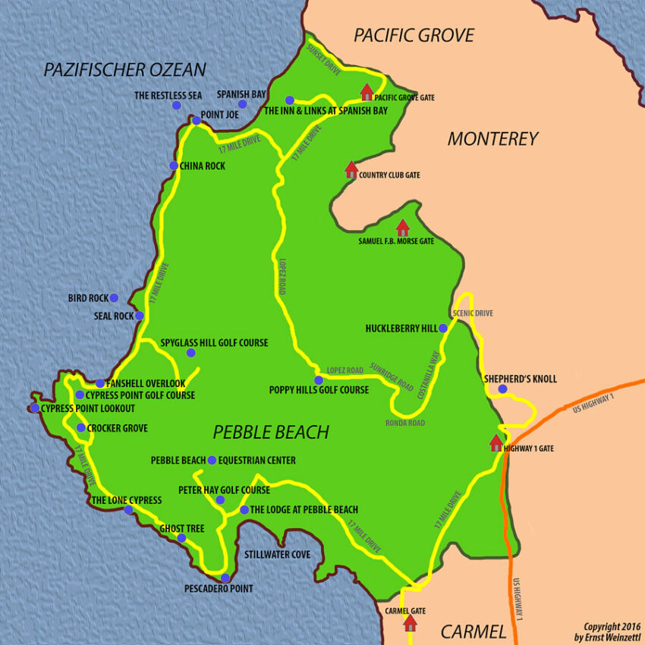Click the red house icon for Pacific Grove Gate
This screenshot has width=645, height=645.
[x=367, y=93]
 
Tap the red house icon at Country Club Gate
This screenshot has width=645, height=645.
[x=351, y=170]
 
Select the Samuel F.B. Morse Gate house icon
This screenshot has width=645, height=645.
[x=402, y=227]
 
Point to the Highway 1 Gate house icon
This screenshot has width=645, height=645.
[x=496, y=443]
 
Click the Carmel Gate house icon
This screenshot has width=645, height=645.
[x=410, y=623]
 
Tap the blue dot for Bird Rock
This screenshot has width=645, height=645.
[x=114, y=297]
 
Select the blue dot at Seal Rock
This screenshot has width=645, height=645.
[x=140, y=316]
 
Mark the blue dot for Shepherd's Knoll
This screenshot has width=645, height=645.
[x=502, y=389]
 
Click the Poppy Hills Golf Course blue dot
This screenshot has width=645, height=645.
[x=319, y=380]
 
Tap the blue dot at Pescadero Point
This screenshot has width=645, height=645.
[x=225, y=577]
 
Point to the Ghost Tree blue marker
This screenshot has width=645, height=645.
[x=181, y=538]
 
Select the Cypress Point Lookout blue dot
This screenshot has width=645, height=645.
[x=35, y=408]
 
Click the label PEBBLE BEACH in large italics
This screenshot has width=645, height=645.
[x=271, y=433]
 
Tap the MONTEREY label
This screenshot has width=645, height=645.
[x=492, y=139]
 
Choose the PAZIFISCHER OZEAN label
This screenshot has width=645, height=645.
[x=124, y=70]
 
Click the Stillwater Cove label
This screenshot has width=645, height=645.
[x=277, y=555]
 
